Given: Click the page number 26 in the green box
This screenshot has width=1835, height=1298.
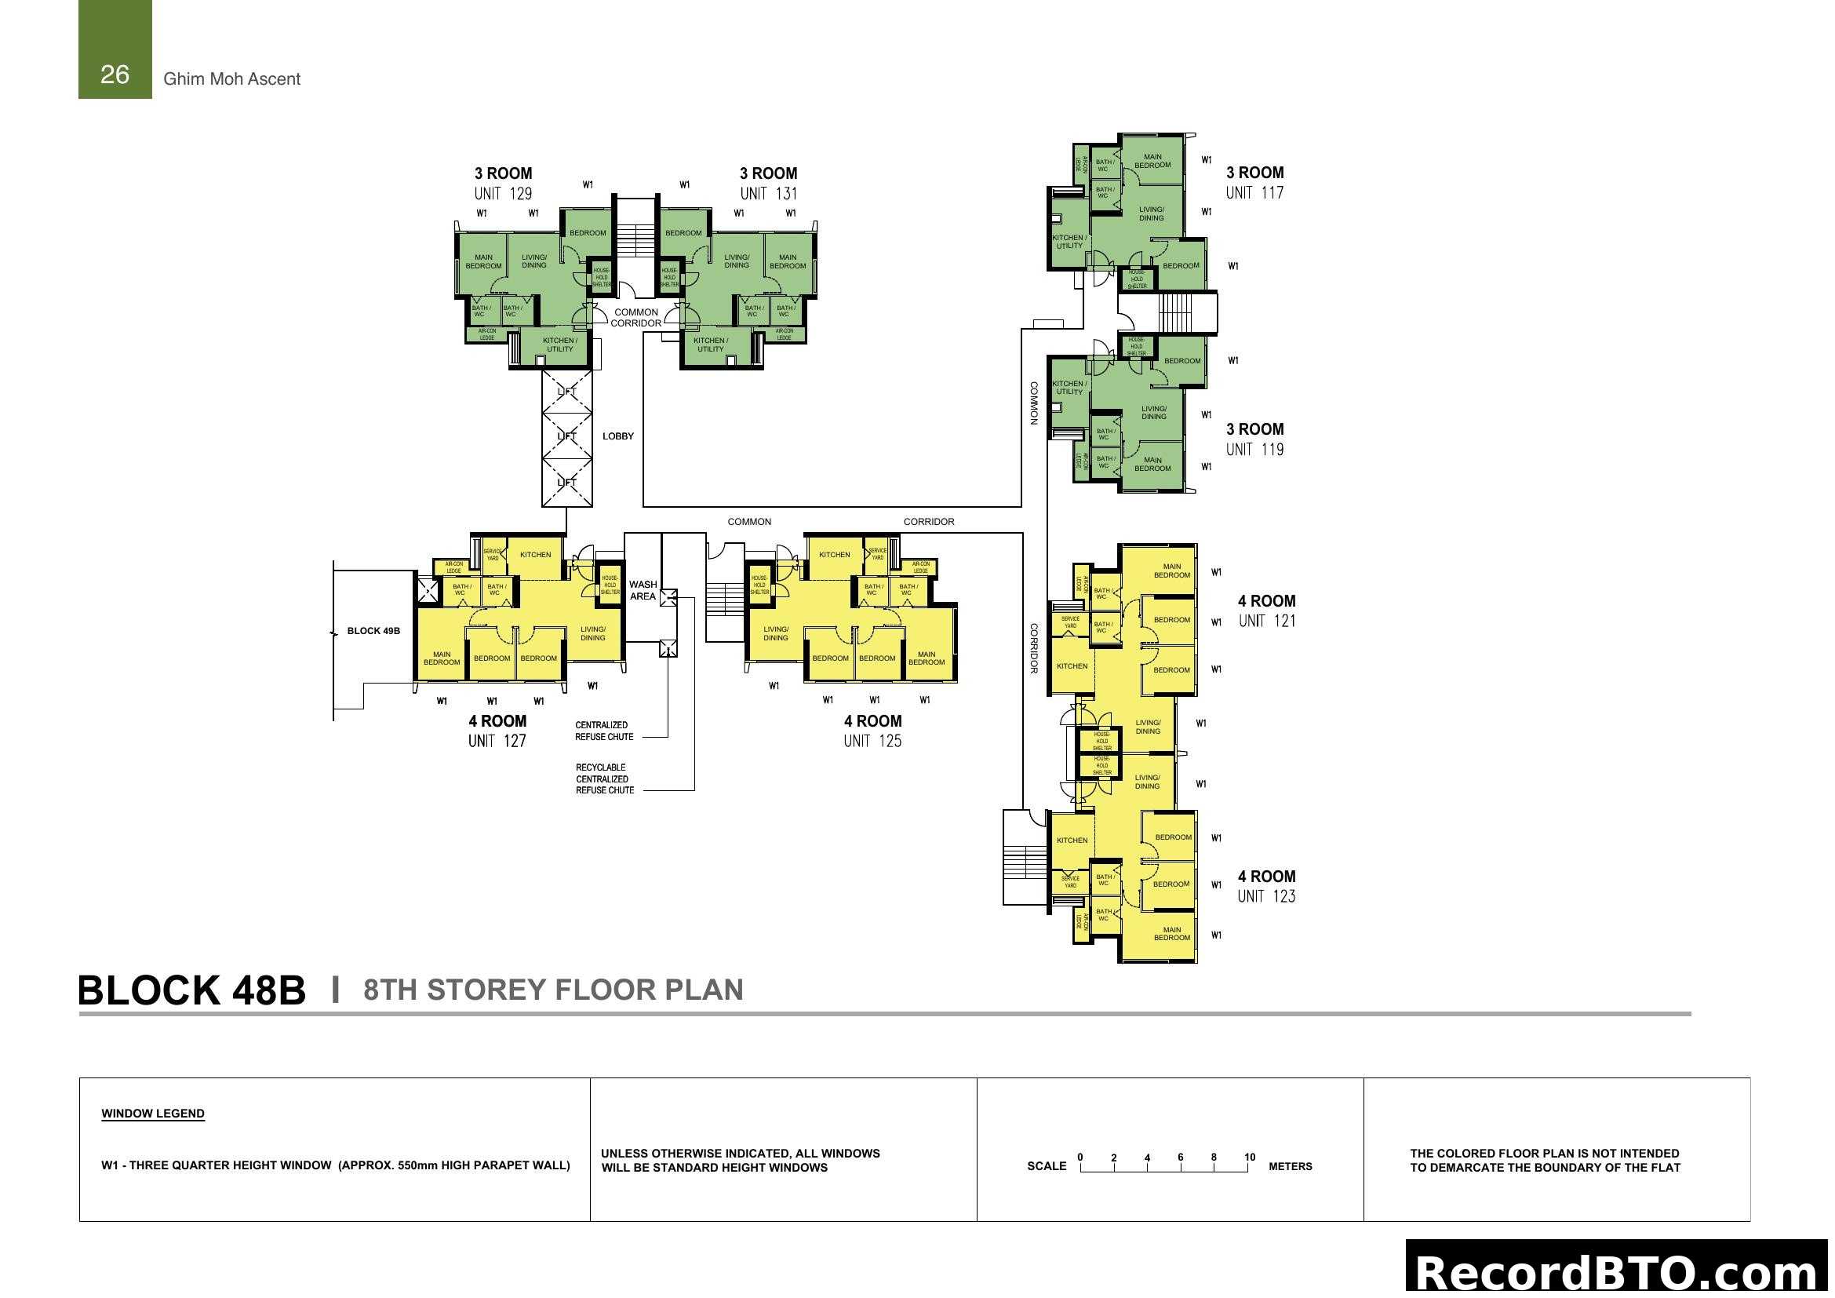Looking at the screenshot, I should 115,75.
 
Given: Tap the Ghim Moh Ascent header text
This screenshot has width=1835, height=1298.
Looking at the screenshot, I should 231,79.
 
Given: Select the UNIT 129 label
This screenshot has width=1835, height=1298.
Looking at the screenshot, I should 503,193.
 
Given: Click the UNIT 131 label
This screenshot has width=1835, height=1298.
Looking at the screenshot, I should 768,193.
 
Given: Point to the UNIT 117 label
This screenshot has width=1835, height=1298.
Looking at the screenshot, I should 1254,192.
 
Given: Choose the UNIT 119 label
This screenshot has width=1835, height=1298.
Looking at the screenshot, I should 1254,449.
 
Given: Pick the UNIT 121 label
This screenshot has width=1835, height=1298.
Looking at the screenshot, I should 1267,621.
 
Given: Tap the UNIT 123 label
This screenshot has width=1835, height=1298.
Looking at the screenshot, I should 1266,897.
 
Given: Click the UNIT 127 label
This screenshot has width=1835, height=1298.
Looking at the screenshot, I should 497,741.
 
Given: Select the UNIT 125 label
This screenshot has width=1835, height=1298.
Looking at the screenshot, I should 872,741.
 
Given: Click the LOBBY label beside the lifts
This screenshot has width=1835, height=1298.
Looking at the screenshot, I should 617,436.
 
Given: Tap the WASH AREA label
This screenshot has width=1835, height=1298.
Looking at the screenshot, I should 643,590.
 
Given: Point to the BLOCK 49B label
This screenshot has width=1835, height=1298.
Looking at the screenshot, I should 373,632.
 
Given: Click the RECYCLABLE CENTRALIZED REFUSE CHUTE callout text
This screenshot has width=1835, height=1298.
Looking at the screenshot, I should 604,778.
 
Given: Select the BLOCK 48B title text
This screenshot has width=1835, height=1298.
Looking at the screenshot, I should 191,990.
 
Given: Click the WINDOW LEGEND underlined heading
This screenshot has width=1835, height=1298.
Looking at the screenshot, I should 153,1114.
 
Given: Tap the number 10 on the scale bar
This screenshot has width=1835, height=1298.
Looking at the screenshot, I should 1249,1158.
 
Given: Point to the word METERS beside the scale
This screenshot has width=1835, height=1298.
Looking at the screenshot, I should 1290,1167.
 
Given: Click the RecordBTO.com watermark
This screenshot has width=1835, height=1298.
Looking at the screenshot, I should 1618,1271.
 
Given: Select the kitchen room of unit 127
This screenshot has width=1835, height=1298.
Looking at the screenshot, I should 536,555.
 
